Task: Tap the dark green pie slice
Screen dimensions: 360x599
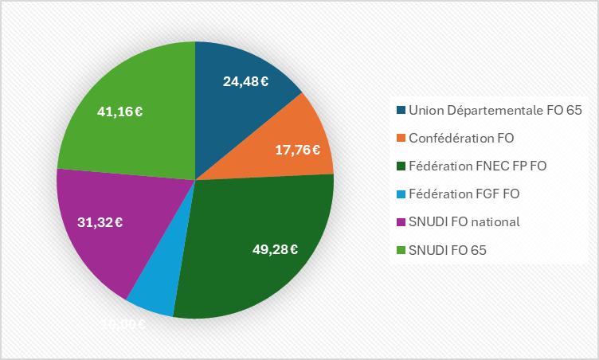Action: (255, 239)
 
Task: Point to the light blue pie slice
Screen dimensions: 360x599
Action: (155, 291)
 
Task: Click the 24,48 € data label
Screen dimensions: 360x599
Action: (245, 80)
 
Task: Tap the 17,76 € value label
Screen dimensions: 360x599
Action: (297, 149)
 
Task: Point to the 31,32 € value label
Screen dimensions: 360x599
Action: (100, 222)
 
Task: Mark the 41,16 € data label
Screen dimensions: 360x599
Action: (119, 112)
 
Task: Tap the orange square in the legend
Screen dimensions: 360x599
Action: (400, 137)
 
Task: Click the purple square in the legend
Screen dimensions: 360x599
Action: (400, 221)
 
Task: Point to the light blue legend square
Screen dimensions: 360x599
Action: (400, 193)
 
